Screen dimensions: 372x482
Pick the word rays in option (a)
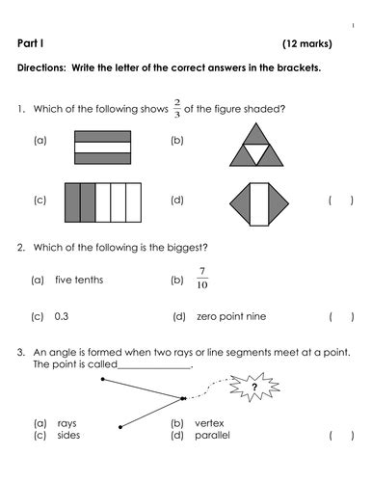pyautogui.click(x=66, y=423)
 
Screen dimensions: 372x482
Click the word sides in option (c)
pyautogui.click(x=67, y=435)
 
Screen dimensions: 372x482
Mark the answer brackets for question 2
pyautogui.click(x=341, y=316)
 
